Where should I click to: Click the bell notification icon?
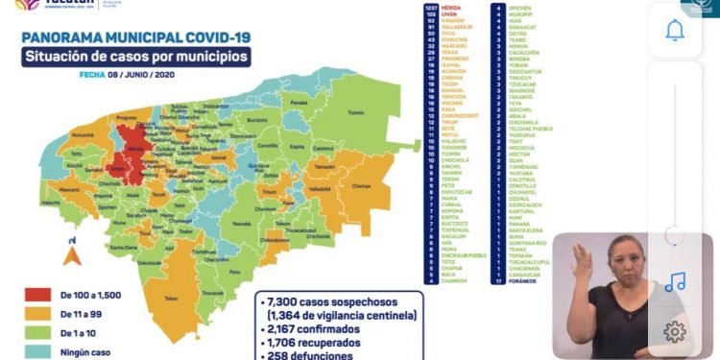(674, 30)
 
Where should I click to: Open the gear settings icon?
(674, 331)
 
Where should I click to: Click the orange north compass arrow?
(69, 254)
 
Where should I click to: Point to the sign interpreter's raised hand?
(581, 257)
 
